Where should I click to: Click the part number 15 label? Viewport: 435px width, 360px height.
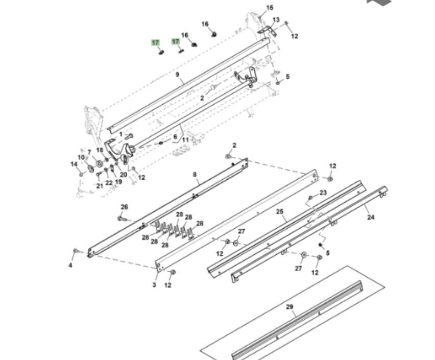(270, 8)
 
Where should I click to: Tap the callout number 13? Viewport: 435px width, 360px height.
(276, 20)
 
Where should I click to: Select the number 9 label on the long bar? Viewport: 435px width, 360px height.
(178, 75)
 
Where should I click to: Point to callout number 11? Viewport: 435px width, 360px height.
(185, 139)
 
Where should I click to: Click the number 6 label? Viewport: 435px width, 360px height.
(175, 136)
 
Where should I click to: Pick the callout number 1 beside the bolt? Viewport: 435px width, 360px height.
(120, 135)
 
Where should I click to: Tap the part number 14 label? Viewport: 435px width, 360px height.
(74, 164)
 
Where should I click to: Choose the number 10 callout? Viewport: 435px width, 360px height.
(81, 157)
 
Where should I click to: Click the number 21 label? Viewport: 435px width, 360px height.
(100, 186)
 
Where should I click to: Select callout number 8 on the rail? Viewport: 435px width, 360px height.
(195, 175)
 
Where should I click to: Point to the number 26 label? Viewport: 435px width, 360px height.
(125, 207)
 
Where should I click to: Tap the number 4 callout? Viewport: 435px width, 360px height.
(70, 266)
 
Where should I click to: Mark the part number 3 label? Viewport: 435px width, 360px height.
(155, 285)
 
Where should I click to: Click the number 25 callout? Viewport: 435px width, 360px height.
(280, 211)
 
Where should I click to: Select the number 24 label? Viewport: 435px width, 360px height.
(371, 217)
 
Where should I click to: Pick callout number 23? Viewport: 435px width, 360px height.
(323, 193)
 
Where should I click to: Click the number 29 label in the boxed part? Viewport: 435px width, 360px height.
(289, 307)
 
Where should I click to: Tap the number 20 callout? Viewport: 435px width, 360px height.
(124, 175)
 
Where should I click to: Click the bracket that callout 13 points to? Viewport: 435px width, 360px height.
(267, 30)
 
